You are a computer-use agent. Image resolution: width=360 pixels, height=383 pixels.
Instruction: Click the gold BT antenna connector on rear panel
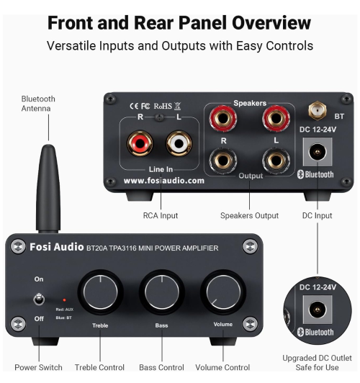tap(315, 110)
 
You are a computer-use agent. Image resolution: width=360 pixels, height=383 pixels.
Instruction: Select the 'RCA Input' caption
tap(159, 215)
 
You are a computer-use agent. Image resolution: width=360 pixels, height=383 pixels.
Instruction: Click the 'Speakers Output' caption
tap(250, 215)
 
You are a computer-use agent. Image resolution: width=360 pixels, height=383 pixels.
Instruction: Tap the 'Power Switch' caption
tap(38, 368)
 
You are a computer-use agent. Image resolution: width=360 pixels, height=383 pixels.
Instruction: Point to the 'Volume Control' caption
tap(222, 368)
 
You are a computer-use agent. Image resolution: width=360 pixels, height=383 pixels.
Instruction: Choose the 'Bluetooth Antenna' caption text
tap(38, 104)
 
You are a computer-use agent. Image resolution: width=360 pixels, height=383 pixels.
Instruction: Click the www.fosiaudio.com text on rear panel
tap(163, 181)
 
